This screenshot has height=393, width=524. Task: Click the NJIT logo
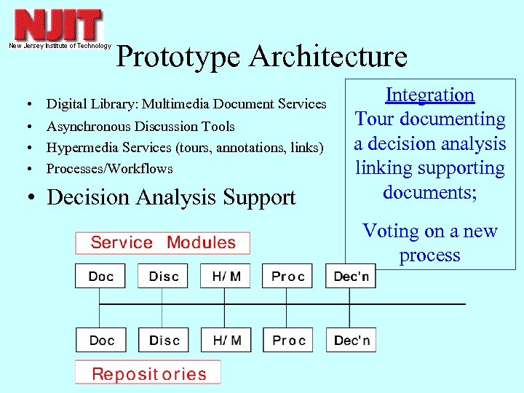(x=58, y=25)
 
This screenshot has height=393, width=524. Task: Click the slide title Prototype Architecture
(x=261, y=57)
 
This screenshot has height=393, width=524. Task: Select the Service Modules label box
(x=163, y=243)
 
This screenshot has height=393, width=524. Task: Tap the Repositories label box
(x=148, y=374)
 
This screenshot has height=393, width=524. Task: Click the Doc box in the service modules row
(x=100, y=277)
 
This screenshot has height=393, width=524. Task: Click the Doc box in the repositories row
(x=100, y=341)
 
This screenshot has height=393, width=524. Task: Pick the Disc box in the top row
(x=163, y=277)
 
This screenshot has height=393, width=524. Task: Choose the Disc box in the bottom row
(x=163, y=341)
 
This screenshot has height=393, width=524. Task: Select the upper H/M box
(x=226, y=277)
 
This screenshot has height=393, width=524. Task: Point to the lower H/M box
(x=226, y=341)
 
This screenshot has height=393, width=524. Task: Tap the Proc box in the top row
(x=287, y=277)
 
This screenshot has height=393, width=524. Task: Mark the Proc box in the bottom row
(x=287, y=341)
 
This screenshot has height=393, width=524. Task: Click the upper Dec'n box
(x=352, y=277)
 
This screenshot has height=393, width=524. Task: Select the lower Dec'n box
(x=352, y=341)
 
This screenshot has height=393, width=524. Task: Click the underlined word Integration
(x=429, y=95)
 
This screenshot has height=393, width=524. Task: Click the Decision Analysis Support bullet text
(x=171, y=198)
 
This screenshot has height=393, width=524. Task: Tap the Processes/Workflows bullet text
(x=110, y=169)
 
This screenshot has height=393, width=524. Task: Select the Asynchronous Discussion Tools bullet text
(x=140, y=127)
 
